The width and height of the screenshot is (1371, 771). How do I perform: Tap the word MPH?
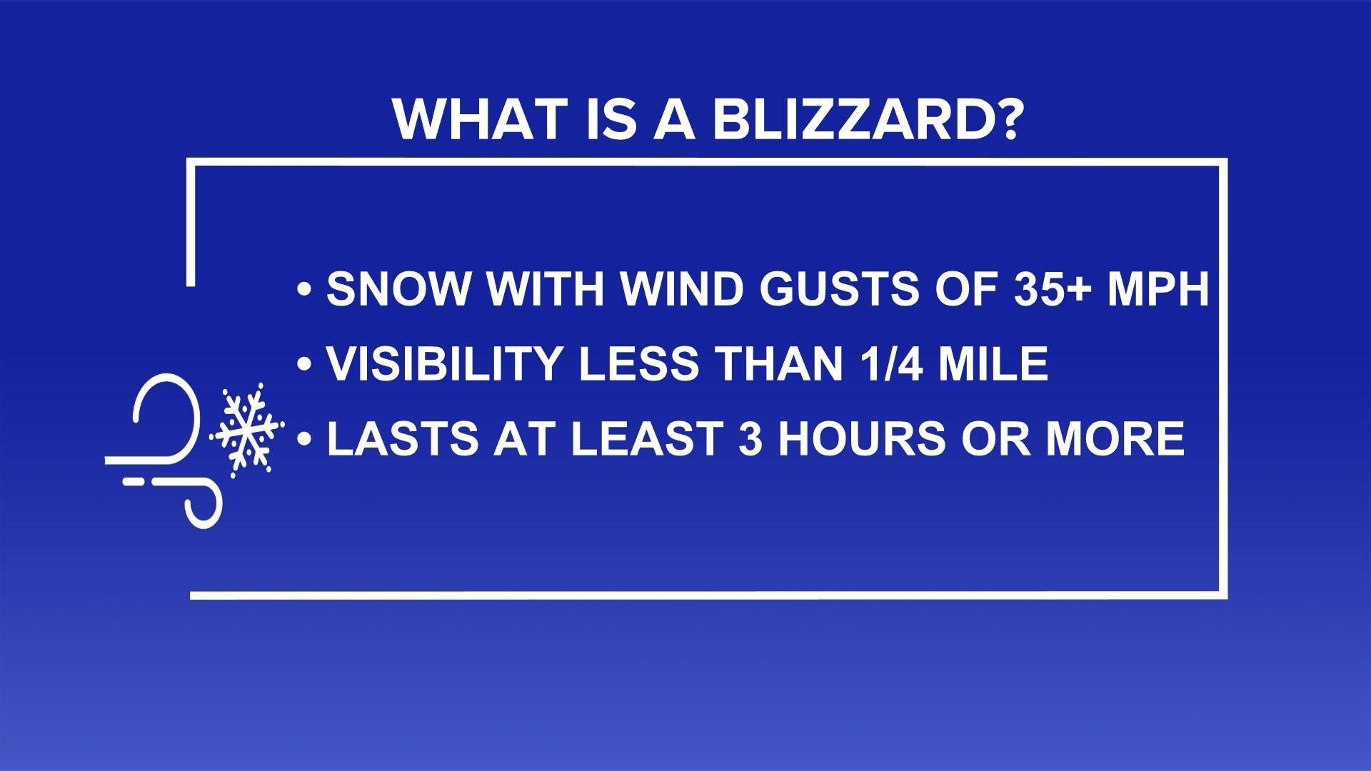coord(1158,289)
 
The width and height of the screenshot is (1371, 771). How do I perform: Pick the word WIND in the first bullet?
coord(681,289)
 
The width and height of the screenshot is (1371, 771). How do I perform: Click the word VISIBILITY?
coord(443,364)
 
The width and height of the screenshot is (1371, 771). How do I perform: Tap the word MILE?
coord(993,364)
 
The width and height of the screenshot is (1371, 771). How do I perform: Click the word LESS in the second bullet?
coord(638,364)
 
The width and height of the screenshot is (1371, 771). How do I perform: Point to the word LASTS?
coord(402,438)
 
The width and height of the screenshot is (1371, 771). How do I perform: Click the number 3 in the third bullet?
coord(750,438)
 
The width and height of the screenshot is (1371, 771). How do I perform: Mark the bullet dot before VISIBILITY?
coord(305,365)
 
